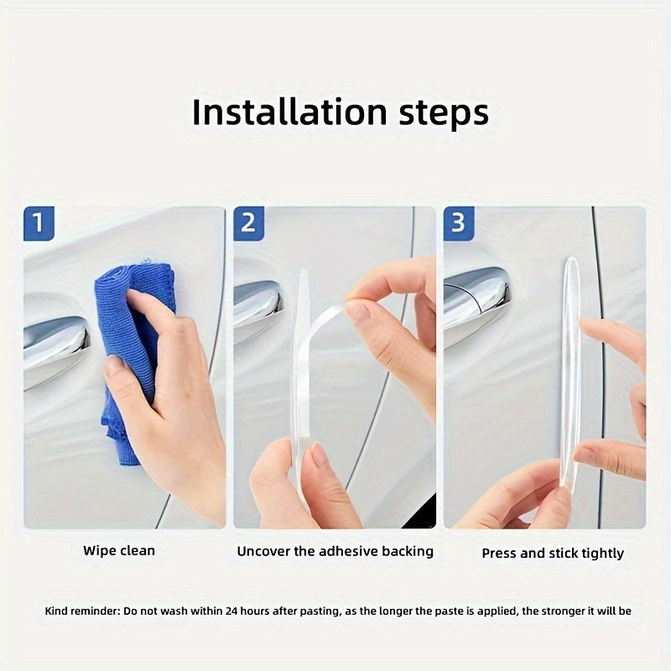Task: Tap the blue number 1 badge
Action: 39,224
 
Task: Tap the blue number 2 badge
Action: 248,224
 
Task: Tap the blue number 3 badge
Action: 458,224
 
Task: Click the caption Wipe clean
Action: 119,551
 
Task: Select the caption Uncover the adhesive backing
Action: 335,551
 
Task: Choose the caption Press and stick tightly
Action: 553,553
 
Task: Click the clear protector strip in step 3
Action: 571,369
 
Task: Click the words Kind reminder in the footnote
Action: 82,611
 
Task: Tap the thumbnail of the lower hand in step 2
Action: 320,457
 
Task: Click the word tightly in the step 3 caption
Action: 602,553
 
